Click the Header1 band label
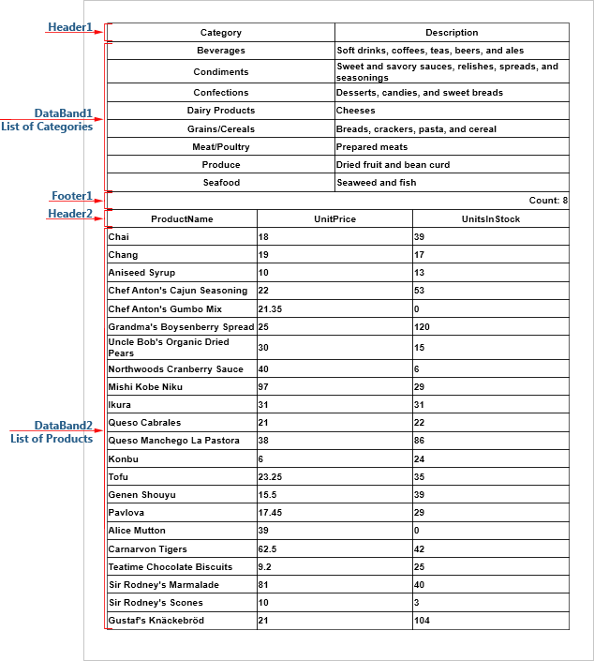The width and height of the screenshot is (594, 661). (70, 27)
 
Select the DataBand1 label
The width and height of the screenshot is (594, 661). (63, 113)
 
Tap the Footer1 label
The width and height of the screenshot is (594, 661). (71, 196)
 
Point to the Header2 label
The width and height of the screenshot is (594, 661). (70, 213)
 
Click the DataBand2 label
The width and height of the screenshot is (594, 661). (63, 425)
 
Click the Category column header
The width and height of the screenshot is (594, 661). (221, 33)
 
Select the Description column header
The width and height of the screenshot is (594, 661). (452, 33)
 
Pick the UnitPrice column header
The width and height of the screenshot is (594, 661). (334, 219)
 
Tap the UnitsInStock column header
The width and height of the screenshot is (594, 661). (490, 219)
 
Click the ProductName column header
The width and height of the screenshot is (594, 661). (182, 219)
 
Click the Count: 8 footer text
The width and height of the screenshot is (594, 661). (548, 201)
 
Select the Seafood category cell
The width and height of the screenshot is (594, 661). (221, 183)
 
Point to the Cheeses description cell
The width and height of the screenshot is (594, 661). (356, 111)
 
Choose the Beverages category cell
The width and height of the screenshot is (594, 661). (221, 51)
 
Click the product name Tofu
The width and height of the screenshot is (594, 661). (118, 477)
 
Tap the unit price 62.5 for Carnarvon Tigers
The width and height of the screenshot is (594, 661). (268, 549)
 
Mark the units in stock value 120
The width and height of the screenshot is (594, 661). (423, 327)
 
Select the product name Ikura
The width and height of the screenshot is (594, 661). (120, 405)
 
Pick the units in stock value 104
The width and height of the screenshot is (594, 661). (423, 621)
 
